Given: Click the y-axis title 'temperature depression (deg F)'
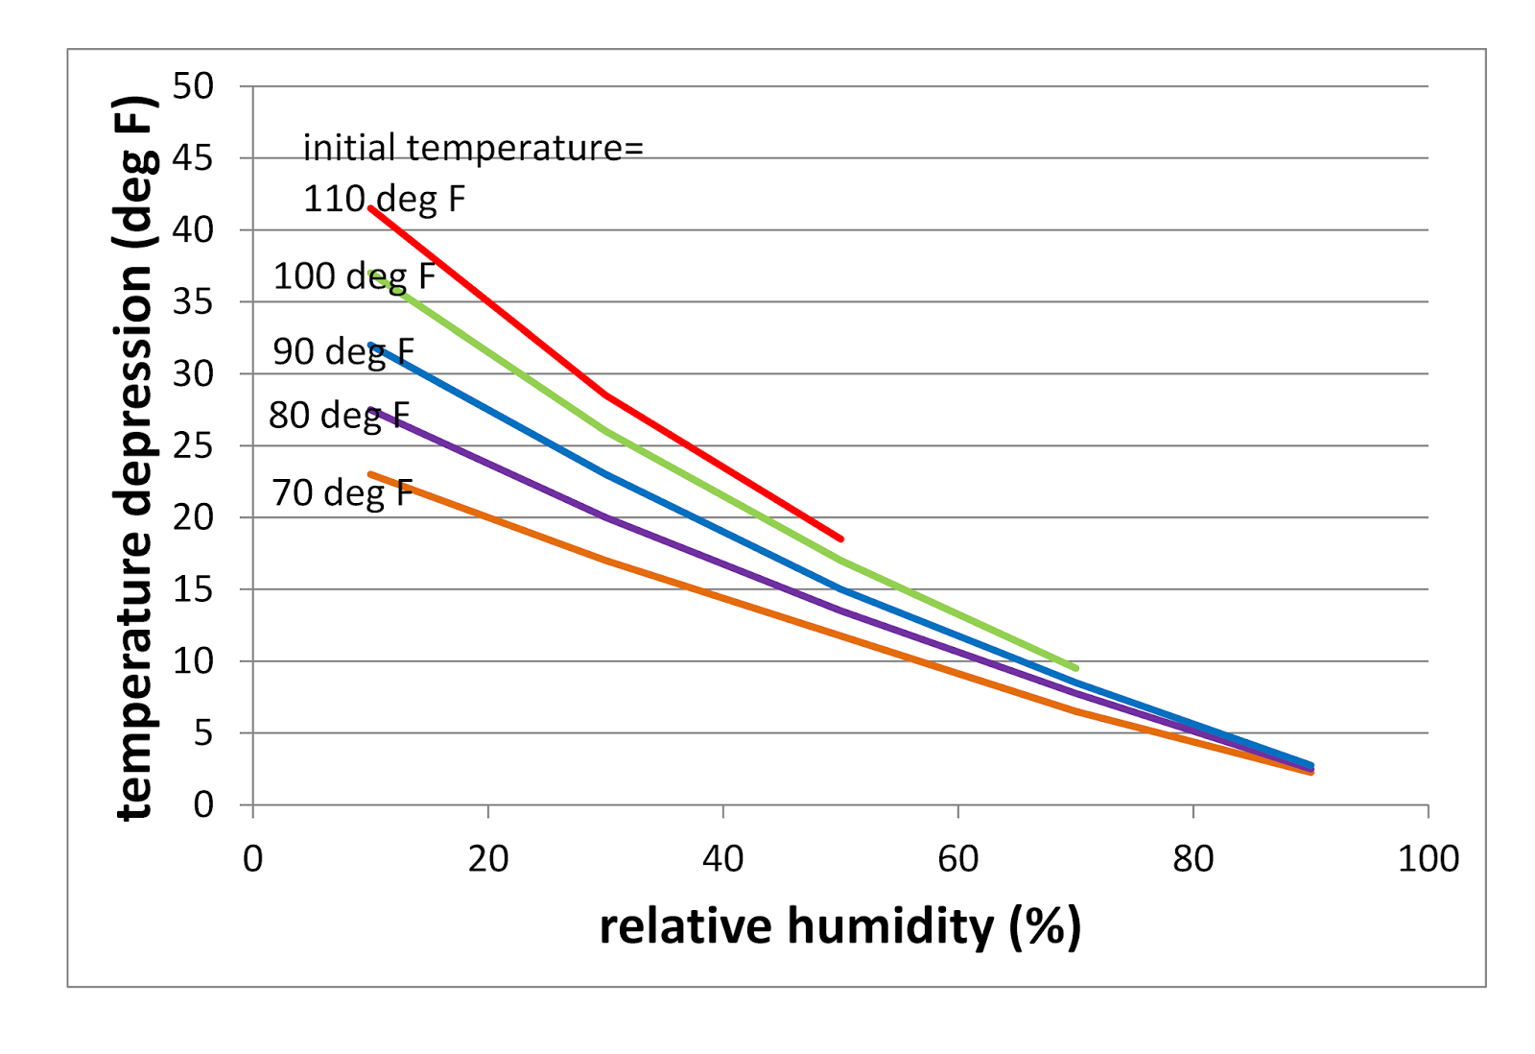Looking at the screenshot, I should point(133,458).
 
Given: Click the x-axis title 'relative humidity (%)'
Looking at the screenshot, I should point(839,926).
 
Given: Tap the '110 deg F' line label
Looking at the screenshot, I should point(384,199).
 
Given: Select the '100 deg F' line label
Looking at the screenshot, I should point(354,276).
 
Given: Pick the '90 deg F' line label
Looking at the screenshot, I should point(342,351).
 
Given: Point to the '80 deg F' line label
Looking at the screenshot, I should point(339,416).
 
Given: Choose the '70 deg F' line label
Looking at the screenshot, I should point(342,492).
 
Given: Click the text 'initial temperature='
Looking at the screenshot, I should point(473,148).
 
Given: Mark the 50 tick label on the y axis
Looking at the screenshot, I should point(193,86).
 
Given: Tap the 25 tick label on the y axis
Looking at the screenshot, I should point(193,445).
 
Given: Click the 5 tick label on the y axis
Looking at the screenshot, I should point(202,733).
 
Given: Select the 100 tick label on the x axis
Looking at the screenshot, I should point(1428,859).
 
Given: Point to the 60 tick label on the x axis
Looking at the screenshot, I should point(957,859).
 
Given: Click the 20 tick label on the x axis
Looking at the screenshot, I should point(487,859).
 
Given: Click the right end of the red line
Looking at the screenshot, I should point(840,539).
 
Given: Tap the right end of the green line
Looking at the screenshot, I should point(1075,668).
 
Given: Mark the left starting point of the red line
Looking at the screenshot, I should point(371,208).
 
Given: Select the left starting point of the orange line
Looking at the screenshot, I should point(371,473).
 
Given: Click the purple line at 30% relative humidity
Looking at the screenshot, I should point(605,517).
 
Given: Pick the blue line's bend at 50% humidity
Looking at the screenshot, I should point(840,589).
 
